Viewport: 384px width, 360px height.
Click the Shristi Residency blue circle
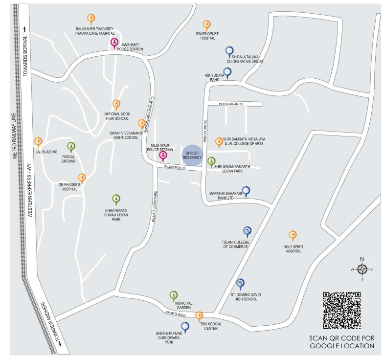click(x=192, y=156)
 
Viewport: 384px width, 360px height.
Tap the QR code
click(x=341, y=310)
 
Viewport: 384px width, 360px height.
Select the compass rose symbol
click(x=361, y=269)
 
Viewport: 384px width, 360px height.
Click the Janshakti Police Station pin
click(x=114, y=43)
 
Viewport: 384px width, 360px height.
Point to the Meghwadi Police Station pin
click(x=163, y=156)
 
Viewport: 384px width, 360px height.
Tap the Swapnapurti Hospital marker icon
click(x=206, y=24)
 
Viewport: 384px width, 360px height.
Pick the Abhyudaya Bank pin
click(x=227, y=72)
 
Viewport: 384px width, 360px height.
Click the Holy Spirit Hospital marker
click(x=293, y=235)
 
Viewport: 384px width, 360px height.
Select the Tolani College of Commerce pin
click(x=247, y=231)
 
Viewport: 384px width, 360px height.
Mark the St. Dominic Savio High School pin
click(x=240, y=283)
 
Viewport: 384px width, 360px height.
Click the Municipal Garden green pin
click(x=173, y=295)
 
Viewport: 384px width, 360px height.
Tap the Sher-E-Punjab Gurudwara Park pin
click(x=185, y=326)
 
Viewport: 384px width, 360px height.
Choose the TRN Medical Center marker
click(x=199, y=315)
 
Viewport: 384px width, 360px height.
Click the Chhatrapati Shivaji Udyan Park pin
click(x=116, y=198)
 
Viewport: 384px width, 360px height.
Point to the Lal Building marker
click(x=38, y=142)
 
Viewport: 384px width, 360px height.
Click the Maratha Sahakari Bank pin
click(x=246, y=191)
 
